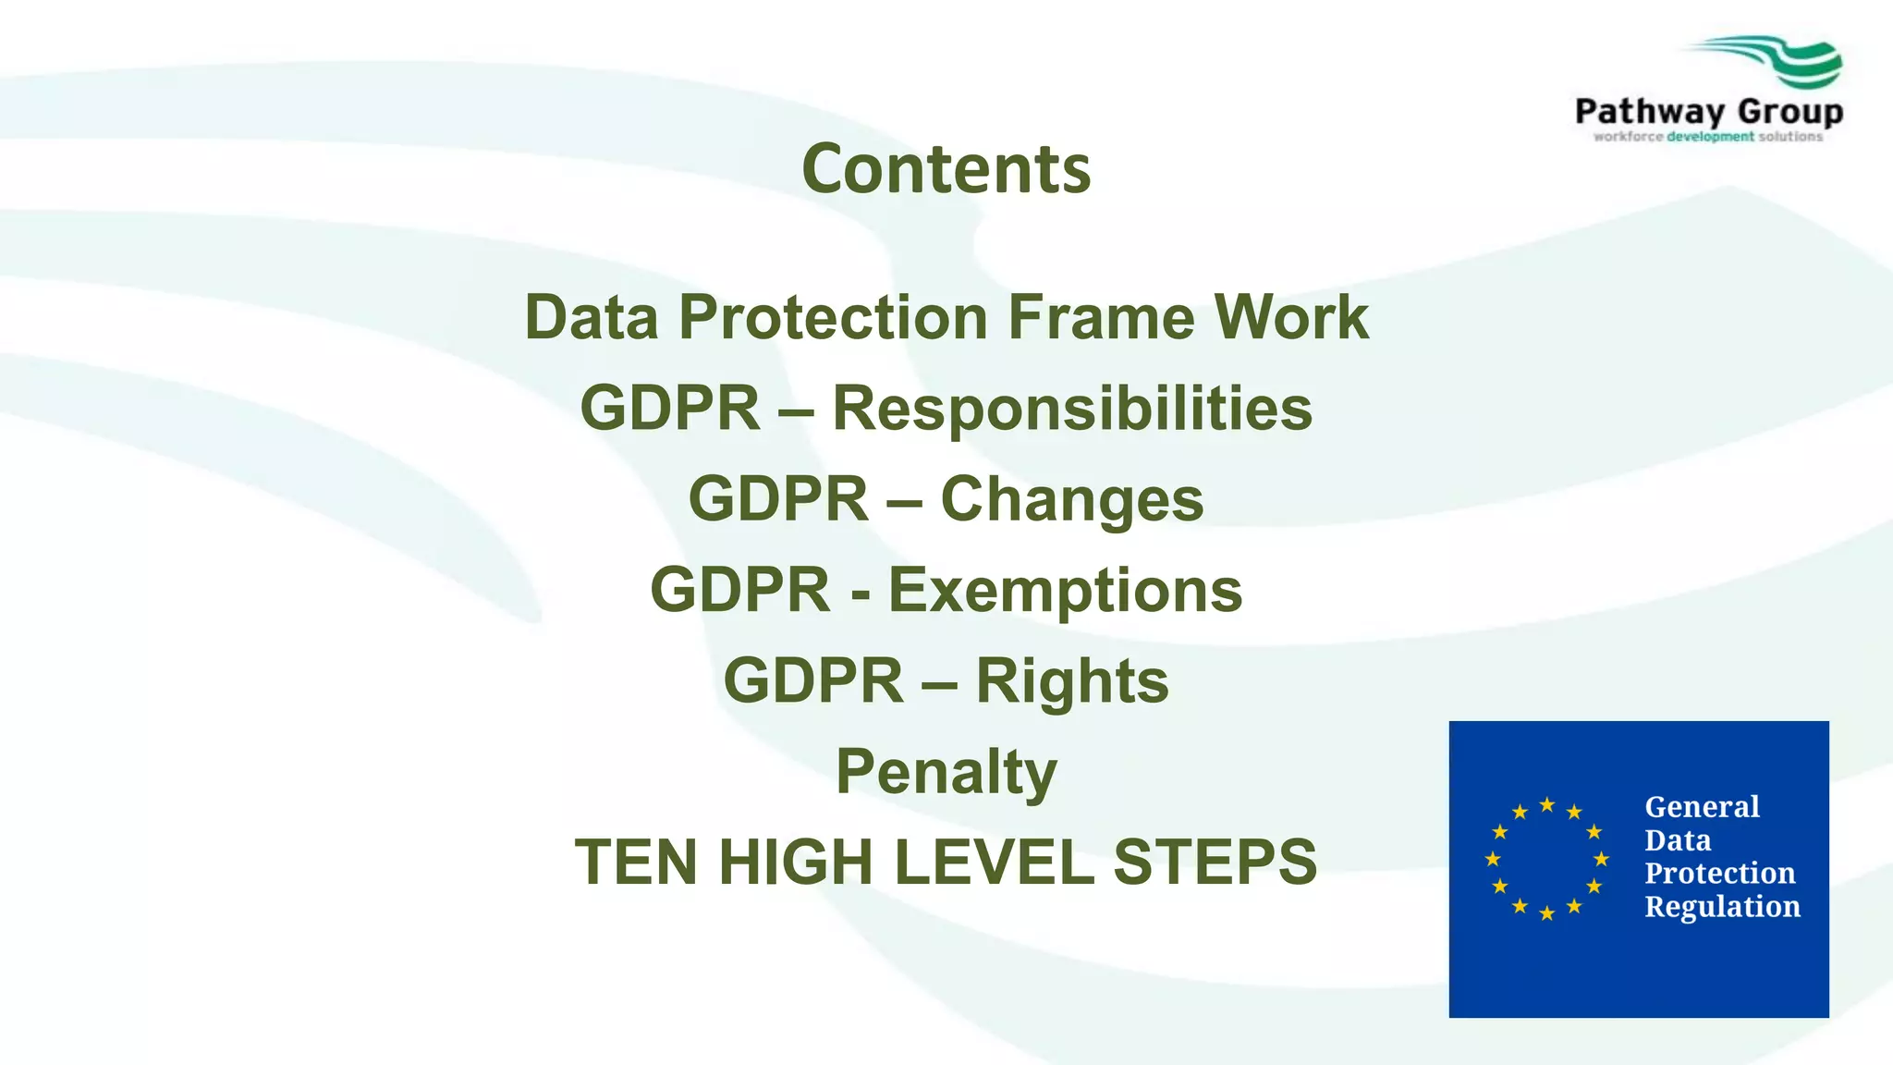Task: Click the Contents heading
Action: (946, 169)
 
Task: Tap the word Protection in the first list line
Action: (833, 317)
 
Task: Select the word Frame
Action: (1101, 317)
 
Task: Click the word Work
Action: (1291, 317)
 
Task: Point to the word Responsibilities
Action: (1072, 408)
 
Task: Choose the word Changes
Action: (1072, 499)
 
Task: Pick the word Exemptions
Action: (1065, 590)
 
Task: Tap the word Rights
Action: (1072, 680)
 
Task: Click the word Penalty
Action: (946, 771)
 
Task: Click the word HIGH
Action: (796, 862)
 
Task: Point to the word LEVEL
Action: (994, 862)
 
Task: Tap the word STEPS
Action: (1215, 862)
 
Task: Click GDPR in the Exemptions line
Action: (740, 590)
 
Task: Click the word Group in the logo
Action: (1790, 112)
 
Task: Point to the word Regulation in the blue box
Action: (1722, 907)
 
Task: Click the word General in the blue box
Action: (1702, 807)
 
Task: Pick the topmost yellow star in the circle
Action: (1546, 804)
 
